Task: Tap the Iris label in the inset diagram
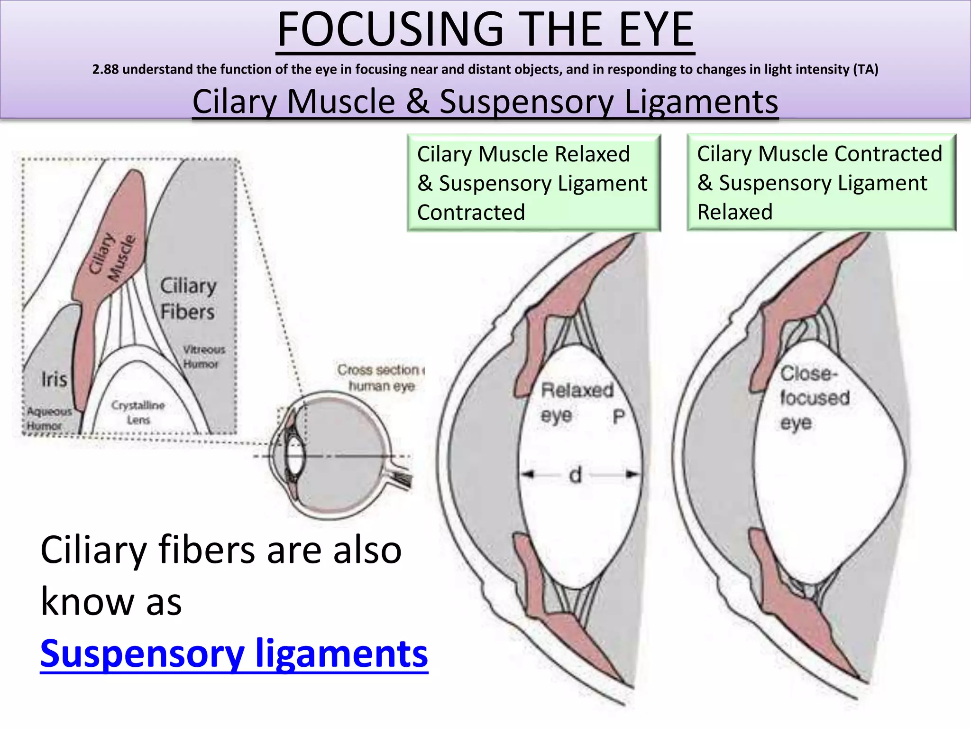pos(54,379)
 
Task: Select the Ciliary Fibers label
pos(188,299)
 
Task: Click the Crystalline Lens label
pos(138,412)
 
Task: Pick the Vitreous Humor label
pos(203,357)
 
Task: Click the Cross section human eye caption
pos(382,378)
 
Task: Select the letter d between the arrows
pos(575,475)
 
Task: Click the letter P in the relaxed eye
pos(618,417)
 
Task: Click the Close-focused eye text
pos(814,398)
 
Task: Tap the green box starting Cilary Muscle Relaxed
pos(533,183)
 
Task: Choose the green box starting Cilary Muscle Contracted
pos(821,183)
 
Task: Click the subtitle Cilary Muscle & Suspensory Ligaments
pos(485,102)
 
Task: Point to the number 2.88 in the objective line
pos(105,70)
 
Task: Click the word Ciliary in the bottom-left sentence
pos(93,550)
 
